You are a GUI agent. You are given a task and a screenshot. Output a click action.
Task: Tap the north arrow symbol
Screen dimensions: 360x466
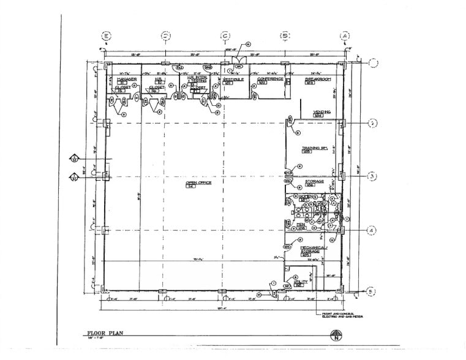pos(335,335)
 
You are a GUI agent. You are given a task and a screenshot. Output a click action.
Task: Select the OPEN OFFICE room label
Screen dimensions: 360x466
pos(194,183)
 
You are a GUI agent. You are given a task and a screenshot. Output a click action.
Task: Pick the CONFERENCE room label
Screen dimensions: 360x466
pos(269,79)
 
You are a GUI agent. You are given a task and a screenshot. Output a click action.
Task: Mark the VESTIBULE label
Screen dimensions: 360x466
pos(233,80)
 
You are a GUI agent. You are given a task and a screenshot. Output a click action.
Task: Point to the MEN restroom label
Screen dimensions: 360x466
pos(301,225)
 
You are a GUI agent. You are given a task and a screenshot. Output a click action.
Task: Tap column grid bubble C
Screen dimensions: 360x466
pos(225,36)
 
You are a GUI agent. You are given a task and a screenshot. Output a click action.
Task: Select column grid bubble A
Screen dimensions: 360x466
pos(345,36)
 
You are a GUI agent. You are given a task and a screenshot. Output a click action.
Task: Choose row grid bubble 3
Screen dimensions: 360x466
pos(372,177)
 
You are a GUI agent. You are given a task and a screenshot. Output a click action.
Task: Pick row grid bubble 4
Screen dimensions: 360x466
pos(372,230)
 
